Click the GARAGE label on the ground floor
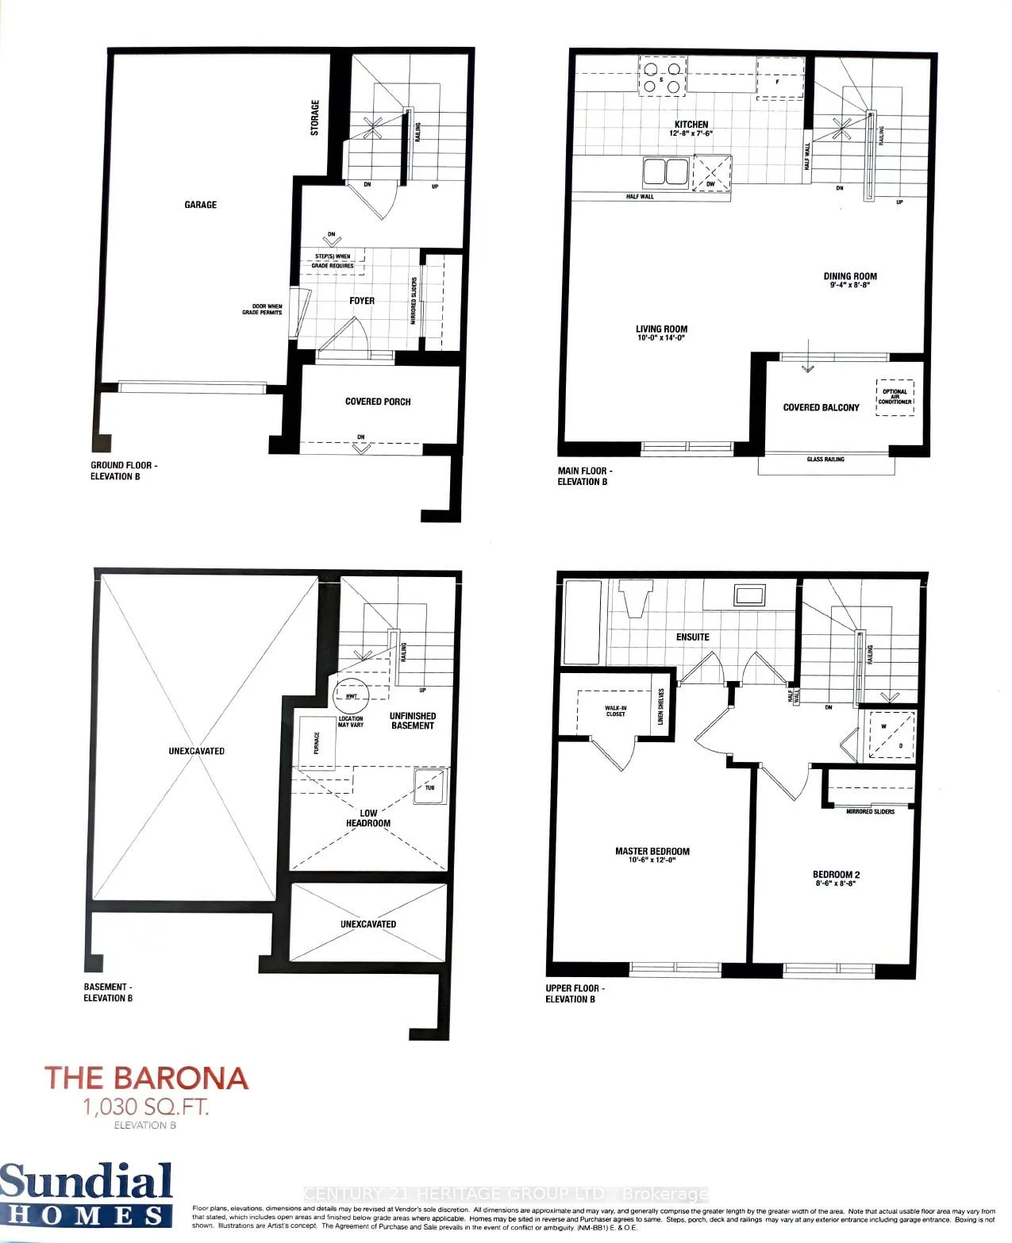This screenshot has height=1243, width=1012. (200, 205)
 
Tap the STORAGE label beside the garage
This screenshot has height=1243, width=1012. (315, 117)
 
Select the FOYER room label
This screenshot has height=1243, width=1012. (362, 301)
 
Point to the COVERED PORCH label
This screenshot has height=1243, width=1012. (378, 402)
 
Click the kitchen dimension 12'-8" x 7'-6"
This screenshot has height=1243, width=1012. (691, 134)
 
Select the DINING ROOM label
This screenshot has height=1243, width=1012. (850, 276)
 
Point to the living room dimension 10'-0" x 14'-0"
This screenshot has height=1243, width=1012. (660, 338)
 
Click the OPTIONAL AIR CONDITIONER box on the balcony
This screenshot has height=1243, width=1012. (895, 397)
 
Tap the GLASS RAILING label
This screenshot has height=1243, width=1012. (825, 460)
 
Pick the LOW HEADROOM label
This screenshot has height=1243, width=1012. (368, 818)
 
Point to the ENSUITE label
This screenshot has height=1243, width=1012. (692, 637)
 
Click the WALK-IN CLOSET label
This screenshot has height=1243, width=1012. (615, 710)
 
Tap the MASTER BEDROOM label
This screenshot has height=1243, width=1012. (652, 851)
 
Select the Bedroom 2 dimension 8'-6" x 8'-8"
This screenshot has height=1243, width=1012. (837, 883)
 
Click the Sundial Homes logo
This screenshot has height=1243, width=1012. (86, 1193)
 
